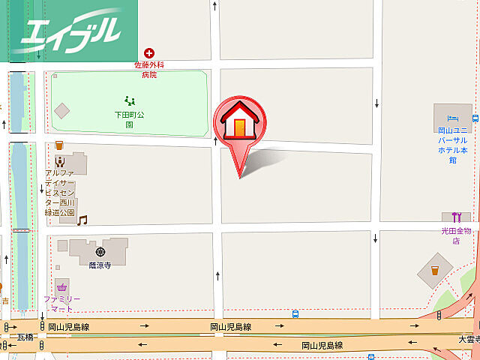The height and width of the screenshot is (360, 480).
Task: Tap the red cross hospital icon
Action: [149, 52]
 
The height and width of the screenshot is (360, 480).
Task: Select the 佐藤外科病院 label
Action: [149, 70]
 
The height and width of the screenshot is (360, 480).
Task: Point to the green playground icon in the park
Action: [129, 100]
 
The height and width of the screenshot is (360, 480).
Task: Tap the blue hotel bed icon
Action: [451, 118]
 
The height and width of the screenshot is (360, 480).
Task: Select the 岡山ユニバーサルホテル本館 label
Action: [452, 145]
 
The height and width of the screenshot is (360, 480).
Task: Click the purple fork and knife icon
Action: [455, 217]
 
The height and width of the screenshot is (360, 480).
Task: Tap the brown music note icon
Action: [82, 220]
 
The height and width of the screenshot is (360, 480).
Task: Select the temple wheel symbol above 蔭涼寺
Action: [99, 250]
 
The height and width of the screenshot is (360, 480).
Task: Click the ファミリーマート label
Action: [61, 304]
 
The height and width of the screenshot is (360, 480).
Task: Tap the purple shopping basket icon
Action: [61, 286]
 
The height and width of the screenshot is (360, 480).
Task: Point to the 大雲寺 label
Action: [469, 340]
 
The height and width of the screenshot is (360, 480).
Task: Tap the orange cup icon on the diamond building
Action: [433, 269]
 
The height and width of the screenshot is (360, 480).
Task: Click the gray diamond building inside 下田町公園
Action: [62, 110]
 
